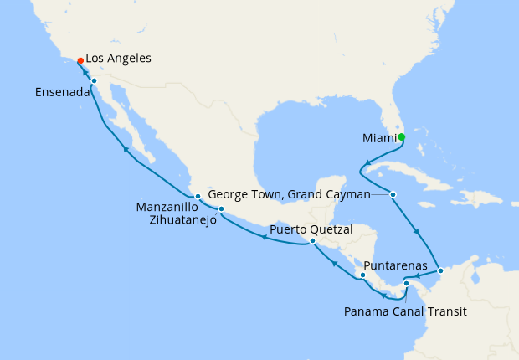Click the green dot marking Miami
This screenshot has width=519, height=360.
pos(401,137)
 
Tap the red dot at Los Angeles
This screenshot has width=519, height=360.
pos(80,60)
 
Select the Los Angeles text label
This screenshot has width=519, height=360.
pos(118,59)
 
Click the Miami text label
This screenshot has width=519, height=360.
pos(378,137)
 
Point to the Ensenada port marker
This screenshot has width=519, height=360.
pos(94,81)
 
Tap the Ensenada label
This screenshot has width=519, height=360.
pos(62,92)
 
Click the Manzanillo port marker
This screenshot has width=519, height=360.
pos(198,197)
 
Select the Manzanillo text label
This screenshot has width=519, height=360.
pos(167,207)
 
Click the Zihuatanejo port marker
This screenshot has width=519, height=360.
pos(221,208)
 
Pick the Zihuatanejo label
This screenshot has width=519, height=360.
pos(177,220)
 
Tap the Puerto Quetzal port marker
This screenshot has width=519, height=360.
pos(312,241)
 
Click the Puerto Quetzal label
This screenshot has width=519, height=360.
pos(311,229)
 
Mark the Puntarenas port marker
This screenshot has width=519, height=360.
pos(362,275)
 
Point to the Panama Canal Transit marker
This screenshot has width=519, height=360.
pos(406,283)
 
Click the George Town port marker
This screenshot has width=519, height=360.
pos(393,194)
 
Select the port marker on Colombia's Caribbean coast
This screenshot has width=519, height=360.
pos(441,270)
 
